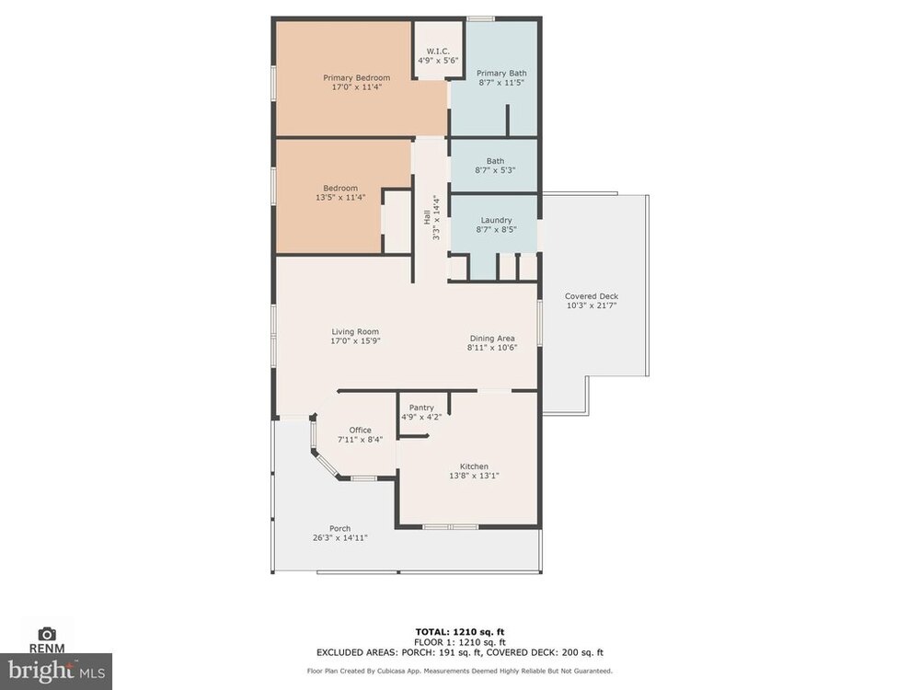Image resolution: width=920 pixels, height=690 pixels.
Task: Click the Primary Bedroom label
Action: (x=356, y=77)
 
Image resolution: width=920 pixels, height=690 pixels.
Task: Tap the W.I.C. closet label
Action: (x=438, y=51)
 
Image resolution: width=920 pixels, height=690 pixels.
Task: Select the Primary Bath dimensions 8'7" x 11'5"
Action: (x=501, y=83)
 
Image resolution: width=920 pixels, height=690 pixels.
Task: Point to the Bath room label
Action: (x=495, y=161)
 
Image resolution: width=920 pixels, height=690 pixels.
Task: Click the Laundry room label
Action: (x=497, y=220)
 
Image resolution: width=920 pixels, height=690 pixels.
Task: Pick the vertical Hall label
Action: (x=427, y=217)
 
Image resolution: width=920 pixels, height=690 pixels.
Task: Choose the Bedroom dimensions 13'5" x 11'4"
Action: (x=340, y=198)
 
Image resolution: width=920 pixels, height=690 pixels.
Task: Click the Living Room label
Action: (x=355, y=331)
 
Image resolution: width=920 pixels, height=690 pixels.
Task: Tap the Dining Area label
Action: (x=492, y=338)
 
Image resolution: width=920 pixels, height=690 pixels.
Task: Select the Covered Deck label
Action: (x=592, y=296)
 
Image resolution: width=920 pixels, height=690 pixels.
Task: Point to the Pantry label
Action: (x=421, y=408)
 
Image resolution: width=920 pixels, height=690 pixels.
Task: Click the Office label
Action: (x=361, y=430)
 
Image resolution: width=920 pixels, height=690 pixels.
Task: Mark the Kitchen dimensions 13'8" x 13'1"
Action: (x=474, y=476)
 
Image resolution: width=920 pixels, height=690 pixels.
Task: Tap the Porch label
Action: (x=340, y=529)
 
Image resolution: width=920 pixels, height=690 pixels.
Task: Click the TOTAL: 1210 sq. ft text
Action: (x=460, y=632)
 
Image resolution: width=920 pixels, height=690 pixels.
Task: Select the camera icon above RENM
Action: (x=47, y=634)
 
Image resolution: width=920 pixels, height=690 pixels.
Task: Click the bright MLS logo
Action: (x=56, y=670)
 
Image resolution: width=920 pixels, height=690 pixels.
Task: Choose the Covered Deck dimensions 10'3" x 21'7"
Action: (x=592, y=305)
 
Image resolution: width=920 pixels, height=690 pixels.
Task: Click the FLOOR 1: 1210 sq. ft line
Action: (x=460, y=642)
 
